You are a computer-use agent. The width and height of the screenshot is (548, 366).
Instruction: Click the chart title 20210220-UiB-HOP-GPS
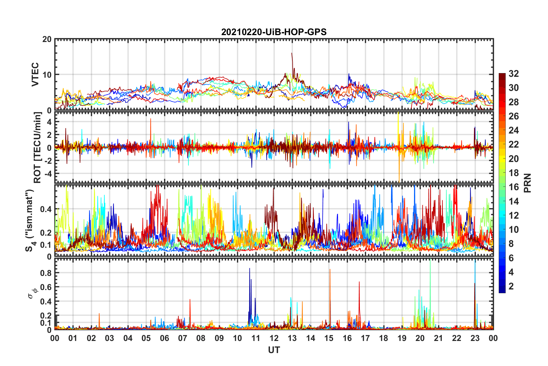[274, 32]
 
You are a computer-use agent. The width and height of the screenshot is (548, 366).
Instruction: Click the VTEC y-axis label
[35, 74]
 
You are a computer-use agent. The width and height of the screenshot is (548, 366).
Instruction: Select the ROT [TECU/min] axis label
[37, 148]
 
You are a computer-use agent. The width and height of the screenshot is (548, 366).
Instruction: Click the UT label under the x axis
[274, 350]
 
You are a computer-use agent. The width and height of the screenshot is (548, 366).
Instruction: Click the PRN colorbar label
[528, 183]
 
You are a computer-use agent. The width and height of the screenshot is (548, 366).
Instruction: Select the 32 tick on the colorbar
[513, 74]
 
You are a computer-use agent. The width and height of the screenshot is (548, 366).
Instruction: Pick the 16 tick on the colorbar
[513, 187]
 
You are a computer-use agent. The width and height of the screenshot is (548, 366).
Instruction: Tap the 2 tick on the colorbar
[511, 286]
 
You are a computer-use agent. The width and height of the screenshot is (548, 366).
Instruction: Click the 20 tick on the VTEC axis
[47, 39]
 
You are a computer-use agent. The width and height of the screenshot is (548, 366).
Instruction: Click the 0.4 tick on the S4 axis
[46, 209]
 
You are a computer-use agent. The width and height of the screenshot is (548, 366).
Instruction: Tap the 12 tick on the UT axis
[274, 338]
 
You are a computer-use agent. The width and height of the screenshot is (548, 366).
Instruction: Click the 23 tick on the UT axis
[475, 338]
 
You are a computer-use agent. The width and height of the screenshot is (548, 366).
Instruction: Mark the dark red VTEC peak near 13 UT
[292, 54]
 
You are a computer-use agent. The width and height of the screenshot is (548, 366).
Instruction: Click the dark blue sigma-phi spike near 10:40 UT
[250, 269]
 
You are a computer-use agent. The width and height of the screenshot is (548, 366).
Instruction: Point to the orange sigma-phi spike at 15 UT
[330, 270]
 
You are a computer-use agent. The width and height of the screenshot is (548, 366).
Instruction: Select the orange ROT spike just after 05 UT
[150, 119]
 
